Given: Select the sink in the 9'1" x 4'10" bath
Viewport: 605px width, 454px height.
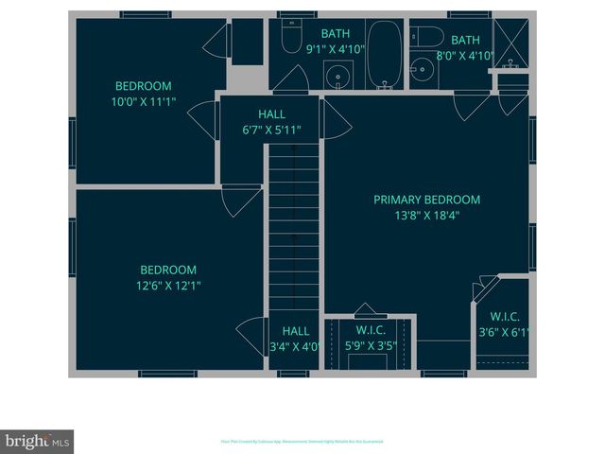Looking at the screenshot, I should (336, 75).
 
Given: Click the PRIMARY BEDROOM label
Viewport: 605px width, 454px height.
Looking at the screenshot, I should (426, 200).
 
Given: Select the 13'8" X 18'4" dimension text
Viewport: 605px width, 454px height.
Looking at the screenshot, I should (426, 215).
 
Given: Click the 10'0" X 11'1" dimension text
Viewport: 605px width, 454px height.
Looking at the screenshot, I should (145, 100).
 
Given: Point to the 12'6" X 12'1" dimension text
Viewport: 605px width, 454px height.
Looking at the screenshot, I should (169, 285).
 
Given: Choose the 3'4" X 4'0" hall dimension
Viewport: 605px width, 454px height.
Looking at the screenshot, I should (295, 346).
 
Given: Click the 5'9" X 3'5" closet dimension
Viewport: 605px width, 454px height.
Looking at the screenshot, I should (370, 346).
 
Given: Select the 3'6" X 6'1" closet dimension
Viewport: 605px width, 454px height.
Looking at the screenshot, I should (504, 332).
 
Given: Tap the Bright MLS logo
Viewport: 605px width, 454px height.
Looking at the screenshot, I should (37, 442).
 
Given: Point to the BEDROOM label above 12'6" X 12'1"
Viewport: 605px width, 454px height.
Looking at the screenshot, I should (168, 270).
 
